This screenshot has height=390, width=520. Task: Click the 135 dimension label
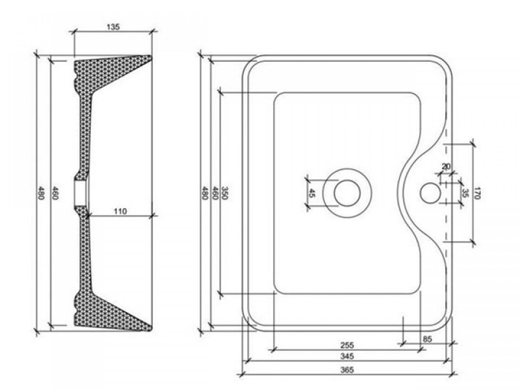point(113,27)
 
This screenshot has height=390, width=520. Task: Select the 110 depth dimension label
point(120,211)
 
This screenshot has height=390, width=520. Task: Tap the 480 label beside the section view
point(41,193)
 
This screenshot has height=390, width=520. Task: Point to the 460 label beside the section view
point(55,193)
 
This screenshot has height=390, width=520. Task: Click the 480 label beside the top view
point(205,193)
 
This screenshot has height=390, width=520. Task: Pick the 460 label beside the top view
point(214,193)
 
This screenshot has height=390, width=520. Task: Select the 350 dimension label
point(224,193)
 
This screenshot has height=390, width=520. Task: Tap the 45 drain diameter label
point(311,193)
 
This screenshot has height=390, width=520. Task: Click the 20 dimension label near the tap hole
point(447,166)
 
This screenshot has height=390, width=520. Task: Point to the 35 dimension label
point(465,193)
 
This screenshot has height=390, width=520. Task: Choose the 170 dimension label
point(477,193)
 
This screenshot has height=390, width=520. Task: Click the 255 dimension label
point(347,345)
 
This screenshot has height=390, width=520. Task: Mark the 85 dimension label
point(428,339)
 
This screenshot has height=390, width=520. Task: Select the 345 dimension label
point(347,356)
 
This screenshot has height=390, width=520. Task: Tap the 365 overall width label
point(347,370)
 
